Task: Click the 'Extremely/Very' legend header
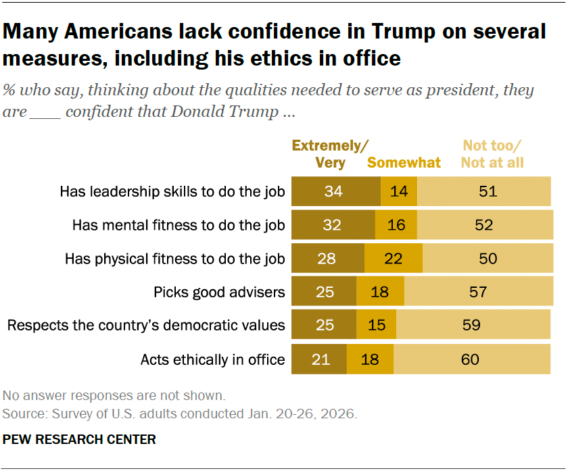330,154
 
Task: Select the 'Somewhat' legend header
404,163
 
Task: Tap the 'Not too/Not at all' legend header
492,154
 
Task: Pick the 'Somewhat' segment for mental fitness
396,225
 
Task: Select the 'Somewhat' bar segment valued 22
394,258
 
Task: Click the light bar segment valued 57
478,292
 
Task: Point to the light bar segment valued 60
473,359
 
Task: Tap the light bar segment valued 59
474,325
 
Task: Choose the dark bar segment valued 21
319,359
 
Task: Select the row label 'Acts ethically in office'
212,359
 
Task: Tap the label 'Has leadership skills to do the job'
172,192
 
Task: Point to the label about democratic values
146,326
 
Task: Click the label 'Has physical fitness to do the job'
174,259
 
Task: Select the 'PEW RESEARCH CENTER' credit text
79,440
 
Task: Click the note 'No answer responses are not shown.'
114,396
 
